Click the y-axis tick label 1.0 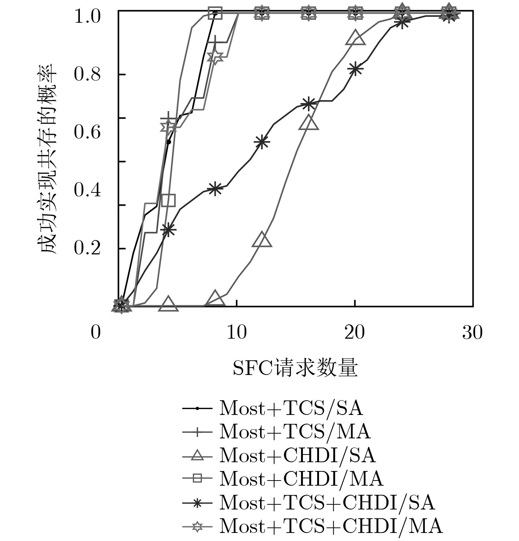click(87, 16)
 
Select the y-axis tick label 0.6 click(87, 132)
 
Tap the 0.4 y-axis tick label click(87, 190)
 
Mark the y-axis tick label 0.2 click(87, 248)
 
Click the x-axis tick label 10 click(237, 333)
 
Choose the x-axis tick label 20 click(355, 333)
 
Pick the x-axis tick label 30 click(472, 333)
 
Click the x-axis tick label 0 click(96, 333)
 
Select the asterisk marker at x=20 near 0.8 click(355, 69)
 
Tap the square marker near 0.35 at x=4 click(168, 200)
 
